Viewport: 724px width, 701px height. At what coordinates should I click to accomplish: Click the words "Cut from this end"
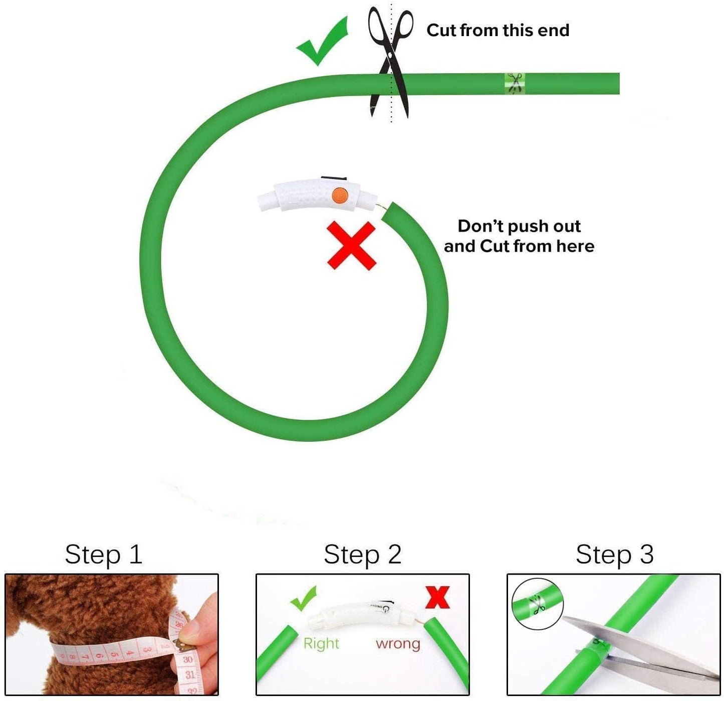click(x=498, y=30)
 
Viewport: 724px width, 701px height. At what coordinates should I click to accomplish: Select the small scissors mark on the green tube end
click(x=515, y=83)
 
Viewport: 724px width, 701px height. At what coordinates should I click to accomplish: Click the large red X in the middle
click(x=352, y=246)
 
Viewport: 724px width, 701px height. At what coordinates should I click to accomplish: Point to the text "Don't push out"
click(x=519, y=226)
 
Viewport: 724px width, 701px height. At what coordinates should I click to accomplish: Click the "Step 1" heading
click(x=103, y=554)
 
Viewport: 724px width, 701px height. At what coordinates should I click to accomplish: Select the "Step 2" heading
click(x=362, y=554)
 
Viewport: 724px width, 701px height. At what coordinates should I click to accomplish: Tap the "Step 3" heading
click(x=615, y=554)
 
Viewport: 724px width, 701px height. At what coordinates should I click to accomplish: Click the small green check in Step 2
click(x=303, y=598)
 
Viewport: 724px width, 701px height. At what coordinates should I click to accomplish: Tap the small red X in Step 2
click(x=437, y=598)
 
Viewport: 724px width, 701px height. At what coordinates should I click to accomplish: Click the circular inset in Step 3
click(x=538, y=604)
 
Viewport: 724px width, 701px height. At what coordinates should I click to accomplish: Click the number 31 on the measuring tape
click(x=190, y=674)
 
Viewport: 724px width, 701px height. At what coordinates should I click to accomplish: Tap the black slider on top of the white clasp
click(x=334, y=179)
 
